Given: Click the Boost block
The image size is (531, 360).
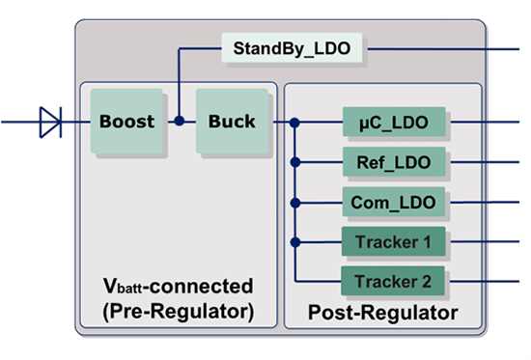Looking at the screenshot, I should tap(126, 122).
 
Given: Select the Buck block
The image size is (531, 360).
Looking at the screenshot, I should tap(232, 122).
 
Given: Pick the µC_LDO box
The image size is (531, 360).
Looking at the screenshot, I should tap(393, 123).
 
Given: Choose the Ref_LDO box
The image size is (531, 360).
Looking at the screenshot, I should tap(393, 162).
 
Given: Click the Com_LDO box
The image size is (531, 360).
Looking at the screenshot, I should tap(393, 202).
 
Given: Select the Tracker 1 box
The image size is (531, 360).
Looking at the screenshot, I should tap(393, 241).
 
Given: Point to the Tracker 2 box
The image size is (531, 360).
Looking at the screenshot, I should tap(393, 281).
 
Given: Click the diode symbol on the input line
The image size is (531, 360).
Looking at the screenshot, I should tap(49, 123).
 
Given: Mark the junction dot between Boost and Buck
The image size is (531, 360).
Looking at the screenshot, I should tap(179, 123).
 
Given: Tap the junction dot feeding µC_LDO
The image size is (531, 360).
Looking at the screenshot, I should tap(295, 123).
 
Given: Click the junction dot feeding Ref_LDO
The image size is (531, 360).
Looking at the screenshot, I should tap(295, 162).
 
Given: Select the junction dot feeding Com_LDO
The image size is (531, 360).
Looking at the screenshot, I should tap(295, 202).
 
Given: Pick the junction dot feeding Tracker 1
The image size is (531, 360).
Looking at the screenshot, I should tap(295, 241).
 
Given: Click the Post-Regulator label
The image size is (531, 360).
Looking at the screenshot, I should tap(382, 314).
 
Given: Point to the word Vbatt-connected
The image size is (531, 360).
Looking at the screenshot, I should tap(179, 287).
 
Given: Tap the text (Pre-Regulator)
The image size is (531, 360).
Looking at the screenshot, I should tap(179, 311).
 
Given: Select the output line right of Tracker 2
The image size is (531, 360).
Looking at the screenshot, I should tap(488, 281).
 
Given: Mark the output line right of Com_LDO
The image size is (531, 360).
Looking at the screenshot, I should tap(488, 202).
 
